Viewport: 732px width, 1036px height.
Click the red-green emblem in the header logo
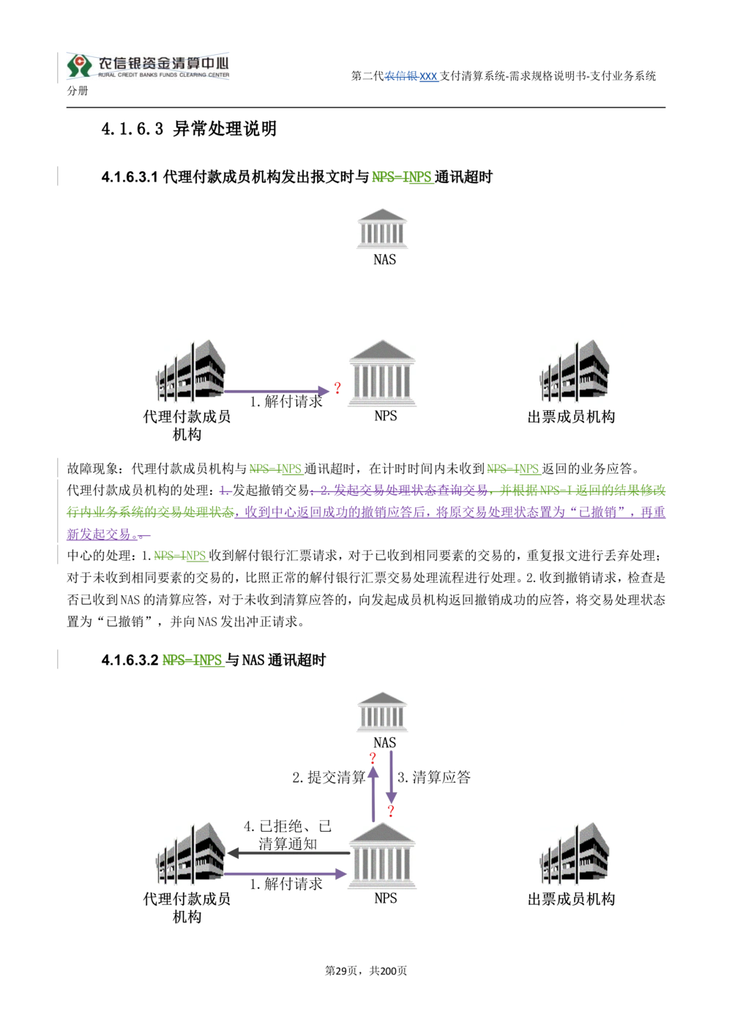77,65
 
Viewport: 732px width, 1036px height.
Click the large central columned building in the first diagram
384,371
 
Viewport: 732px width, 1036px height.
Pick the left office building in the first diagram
190,369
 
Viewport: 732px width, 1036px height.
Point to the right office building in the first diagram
577,370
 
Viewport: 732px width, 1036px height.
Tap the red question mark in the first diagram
337,387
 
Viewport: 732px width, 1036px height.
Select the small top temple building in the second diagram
380,713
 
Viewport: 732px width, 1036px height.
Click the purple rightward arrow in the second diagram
285,874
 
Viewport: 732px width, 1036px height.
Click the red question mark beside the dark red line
392,809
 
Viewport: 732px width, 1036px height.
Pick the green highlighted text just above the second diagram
193,660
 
